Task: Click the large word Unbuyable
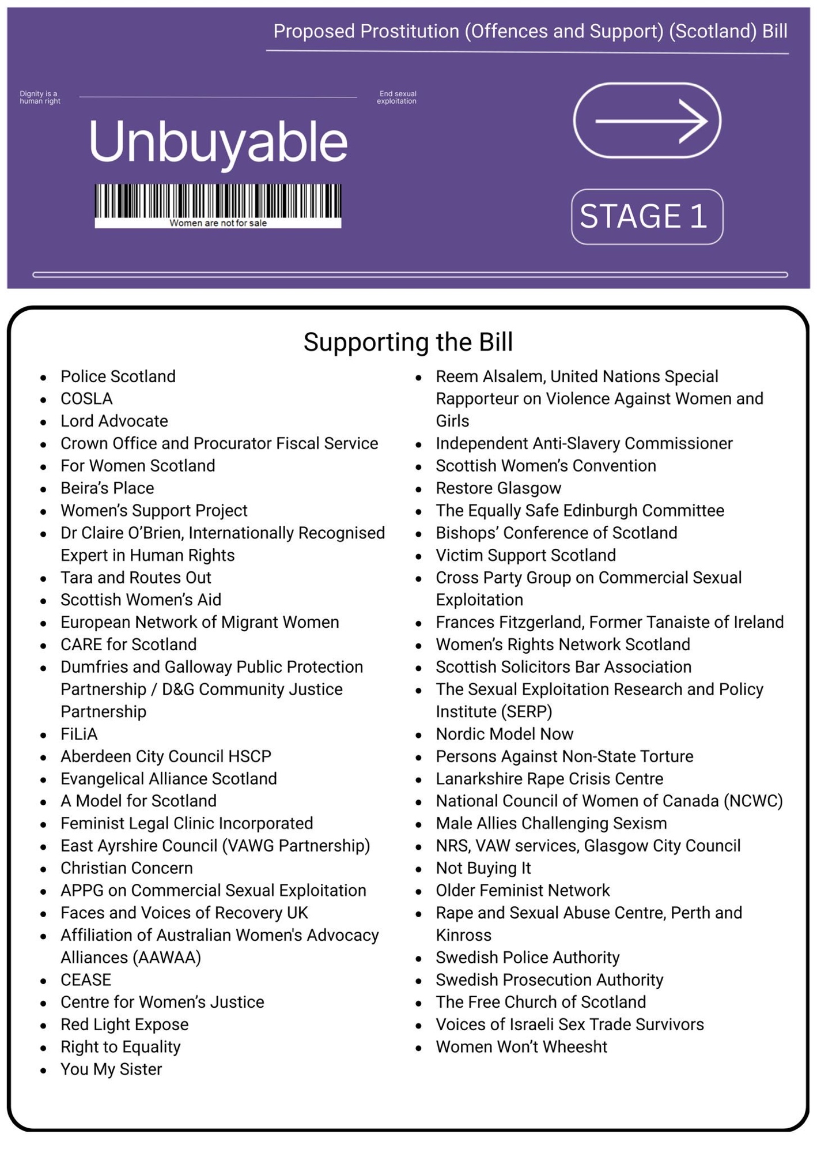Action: tap(218, 141)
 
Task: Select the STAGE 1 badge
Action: tap(646, 217)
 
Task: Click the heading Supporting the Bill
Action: tap(408, 342)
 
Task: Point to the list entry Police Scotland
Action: tap(118, 376)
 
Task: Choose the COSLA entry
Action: tap(86, 399)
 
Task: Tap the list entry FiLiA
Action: tap(79, 734)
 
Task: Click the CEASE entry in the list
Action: tap(86, 979)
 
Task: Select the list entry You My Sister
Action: tap(111, 1069)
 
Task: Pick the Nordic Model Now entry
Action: tap(504, 734)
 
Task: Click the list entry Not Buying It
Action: tap(483, 868)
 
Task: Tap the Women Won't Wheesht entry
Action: tap(521, 1047)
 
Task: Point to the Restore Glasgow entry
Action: tap(498, 488)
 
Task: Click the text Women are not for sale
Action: tap(218, 223)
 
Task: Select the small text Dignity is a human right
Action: tap(40, 97)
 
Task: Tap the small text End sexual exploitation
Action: tap(396, 97)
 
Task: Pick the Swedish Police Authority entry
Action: tap(527, 958)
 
